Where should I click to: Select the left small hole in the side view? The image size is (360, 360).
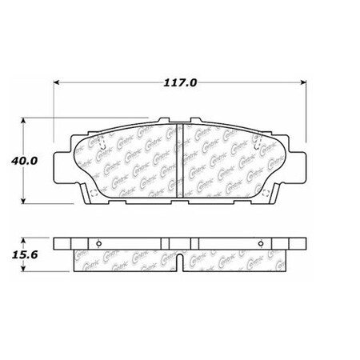click(x=96, y=243)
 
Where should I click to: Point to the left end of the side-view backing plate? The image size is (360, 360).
click(x=58, y=243)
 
